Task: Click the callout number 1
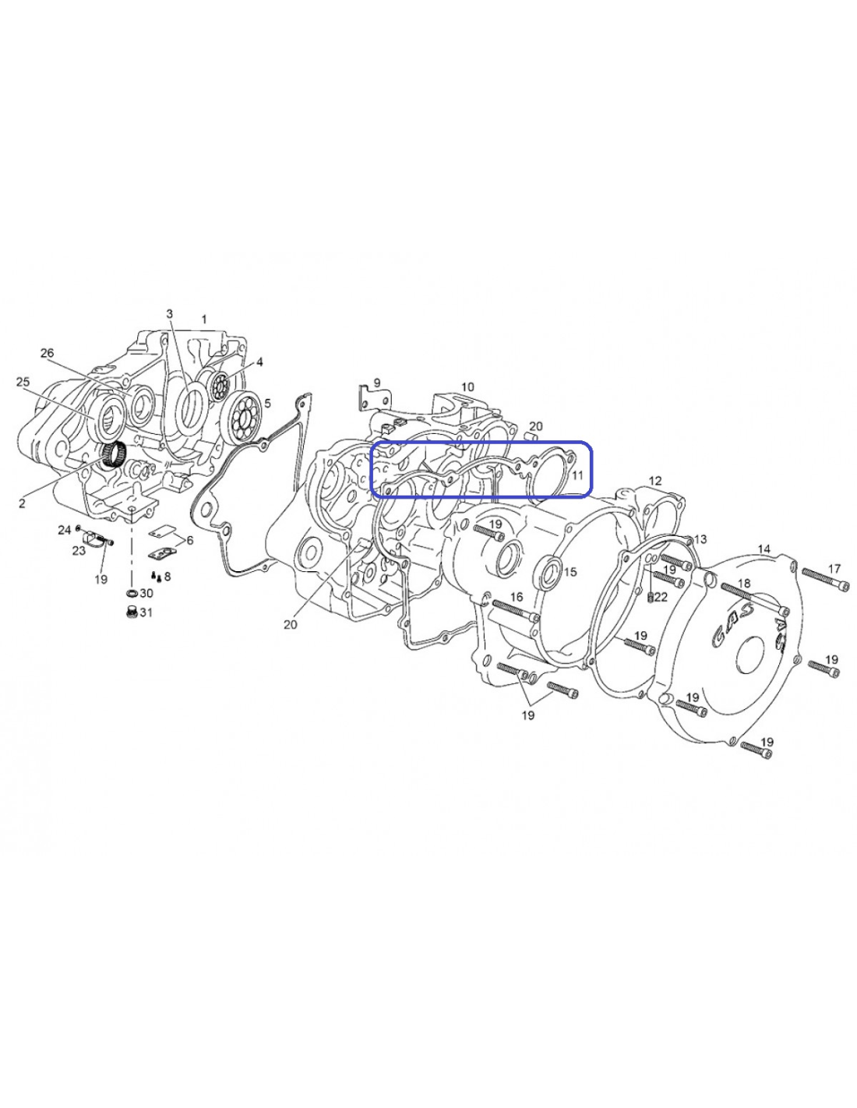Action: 204,319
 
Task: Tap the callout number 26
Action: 47,353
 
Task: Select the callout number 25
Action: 23,382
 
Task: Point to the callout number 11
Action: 577,476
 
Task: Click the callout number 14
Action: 764,549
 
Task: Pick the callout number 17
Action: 834,568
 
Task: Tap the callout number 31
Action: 146,612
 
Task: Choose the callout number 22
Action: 661,597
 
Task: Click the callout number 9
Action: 377,383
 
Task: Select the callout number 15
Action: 570,572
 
